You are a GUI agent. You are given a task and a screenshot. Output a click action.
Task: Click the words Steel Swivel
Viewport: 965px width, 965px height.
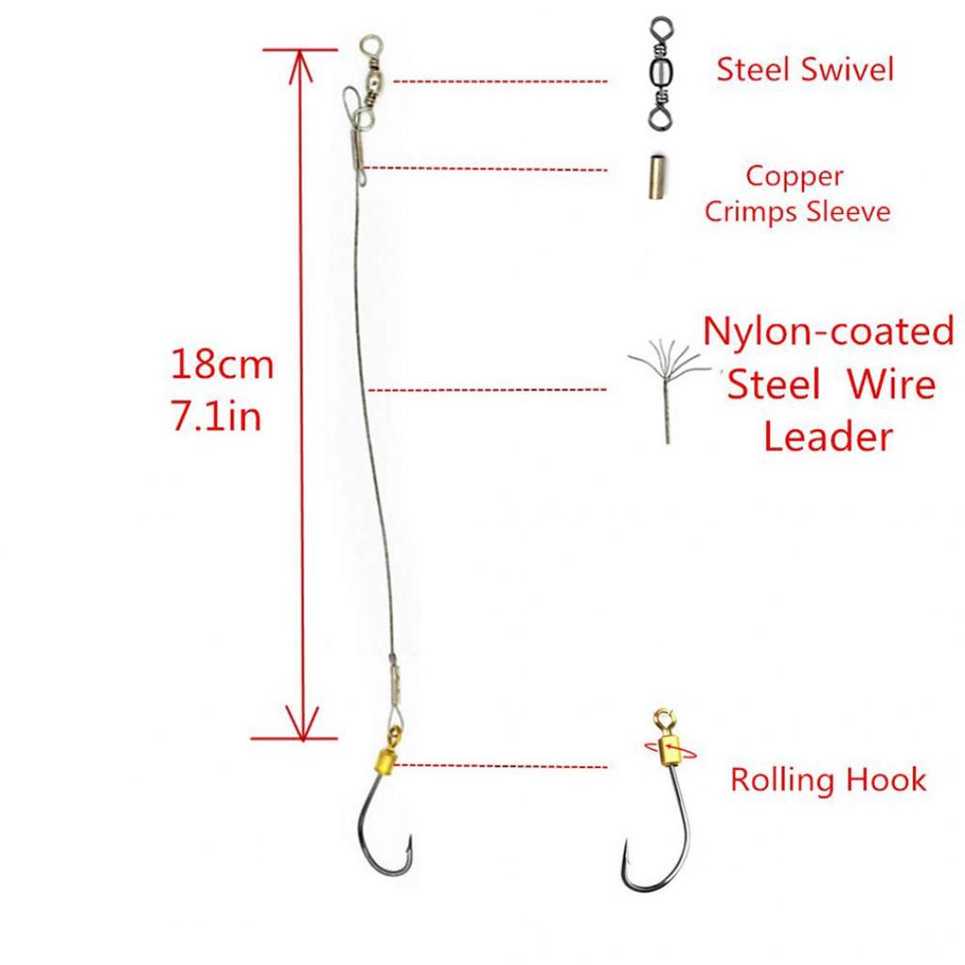(x=805, y=69)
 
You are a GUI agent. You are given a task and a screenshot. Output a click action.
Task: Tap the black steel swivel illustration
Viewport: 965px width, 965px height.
(x=662, y=74)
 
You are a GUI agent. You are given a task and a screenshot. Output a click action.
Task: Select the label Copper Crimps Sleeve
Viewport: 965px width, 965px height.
(x=797, y=194)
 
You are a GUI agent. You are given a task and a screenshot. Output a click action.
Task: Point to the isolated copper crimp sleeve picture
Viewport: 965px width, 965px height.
(x=657, y=177)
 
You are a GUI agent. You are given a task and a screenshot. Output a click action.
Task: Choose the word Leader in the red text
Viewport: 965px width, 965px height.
(x=827, y=437)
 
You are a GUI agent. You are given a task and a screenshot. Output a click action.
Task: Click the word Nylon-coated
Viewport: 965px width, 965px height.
(x=828, y=331)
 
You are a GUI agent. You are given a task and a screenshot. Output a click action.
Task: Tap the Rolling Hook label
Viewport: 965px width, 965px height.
(x=827, y=779)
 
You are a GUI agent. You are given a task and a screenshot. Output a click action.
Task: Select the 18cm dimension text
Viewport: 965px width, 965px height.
(x=221, y=364)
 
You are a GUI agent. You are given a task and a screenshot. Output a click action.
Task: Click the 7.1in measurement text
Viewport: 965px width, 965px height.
(x=217, y=416)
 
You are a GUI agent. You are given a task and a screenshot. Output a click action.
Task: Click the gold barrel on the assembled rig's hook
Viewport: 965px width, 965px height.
(x=385, y=761)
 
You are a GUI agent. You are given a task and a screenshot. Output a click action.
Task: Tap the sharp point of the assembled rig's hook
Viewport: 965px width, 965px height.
(x=407, y=838)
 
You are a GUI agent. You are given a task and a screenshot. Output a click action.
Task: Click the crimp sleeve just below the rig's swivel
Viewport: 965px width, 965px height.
(x=357, y=152)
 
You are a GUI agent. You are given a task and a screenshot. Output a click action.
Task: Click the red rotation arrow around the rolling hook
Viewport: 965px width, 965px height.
(x=671, y=750)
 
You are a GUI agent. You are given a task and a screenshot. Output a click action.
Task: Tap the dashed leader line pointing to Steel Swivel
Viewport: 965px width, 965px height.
(x=499, y=81)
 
